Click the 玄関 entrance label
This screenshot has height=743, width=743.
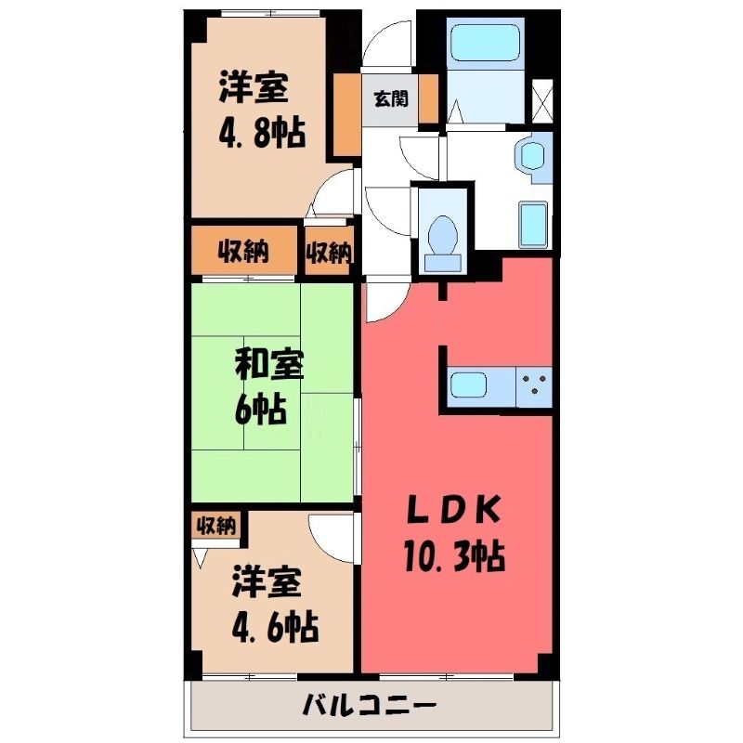click(x=391, y=99)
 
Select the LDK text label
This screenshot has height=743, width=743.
click(x=454, y=509)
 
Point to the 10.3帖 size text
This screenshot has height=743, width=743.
click(x=454, y=555)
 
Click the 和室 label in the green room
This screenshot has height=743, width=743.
click(x=269, y=365)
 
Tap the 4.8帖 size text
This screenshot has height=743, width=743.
click(x=262, y=132)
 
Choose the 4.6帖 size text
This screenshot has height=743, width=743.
click(x=275, y=627)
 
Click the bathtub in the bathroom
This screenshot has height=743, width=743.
click(x=485, y=42)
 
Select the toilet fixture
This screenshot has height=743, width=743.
click(x=443, y=244)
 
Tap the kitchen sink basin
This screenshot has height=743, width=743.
click(x=468, y=385)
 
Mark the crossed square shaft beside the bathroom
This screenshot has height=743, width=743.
click(x=542, y=101)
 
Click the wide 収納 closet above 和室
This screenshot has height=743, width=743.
click(x=243, y=250)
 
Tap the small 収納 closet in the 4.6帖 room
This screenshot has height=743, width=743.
click(x=216, y=525)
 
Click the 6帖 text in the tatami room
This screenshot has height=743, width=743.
click(x=261, y=410)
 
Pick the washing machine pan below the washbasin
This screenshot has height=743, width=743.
click(x=533, y=225)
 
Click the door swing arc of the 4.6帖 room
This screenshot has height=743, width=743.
click(x=324, y=546)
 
